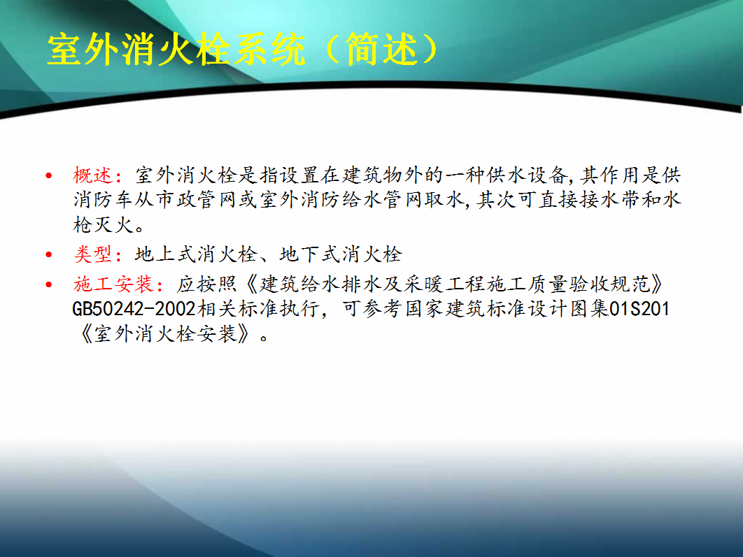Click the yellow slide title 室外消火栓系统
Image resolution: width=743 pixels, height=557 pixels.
(x=176, y=49)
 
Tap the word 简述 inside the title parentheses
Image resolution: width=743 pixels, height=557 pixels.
(x=382, y=49)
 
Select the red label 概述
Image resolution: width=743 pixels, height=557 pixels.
(x=93, y=175)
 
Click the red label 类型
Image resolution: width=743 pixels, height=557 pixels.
(x=93, y=254)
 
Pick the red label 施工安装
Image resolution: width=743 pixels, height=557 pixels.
(x=113, y=284)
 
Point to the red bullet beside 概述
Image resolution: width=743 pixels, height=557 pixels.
(x=49, y=176)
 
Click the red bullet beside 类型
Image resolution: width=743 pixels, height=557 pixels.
(x=49, y=255)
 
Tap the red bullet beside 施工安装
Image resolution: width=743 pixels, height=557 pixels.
(x=49, y=285)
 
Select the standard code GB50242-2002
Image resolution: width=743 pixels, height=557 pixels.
(x=134, y=310)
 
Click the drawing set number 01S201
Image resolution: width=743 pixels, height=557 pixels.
(x=639, y=310)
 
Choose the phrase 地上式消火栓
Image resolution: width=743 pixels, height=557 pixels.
(x=196, y=254)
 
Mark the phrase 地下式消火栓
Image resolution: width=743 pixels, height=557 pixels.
(x=341, y=254)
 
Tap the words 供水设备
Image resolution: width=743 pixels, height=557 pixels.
(x=526, y=175)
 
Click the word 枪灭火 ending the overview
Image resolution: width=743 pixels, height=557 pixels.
(x=104, y=225)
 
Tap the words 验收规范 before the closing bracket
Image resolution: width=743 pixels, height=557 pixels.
(x=609, y=284)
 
